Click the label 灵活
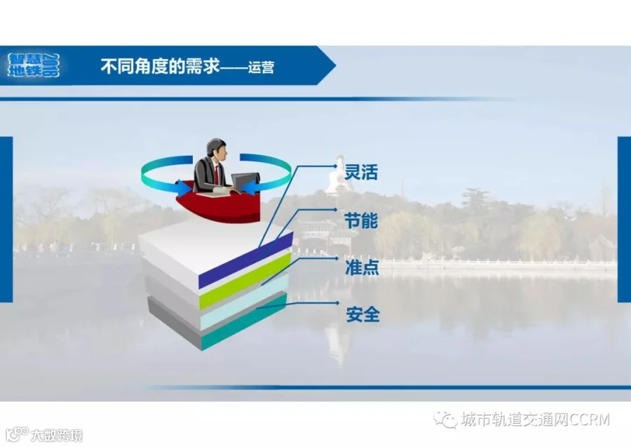pyautogui.click(x=361, y=172)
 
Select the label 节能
pyautogui.click(x=361, y=220)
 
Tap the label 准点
pyautogui.click(x=362, y=267)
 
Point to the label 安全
pyautogui.click(x=362, y=314)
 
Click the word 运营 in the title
pyautogui.click(x=262, y=67)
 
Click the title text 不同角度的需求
pyautogui.click(x=160, y=66)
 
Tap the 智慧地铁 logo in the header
pyautogui.click(x=34, y=65)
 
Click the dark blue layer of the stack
pyautogui.click(x=246, y=260)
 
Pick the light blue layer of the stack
pyautogui.click(x=244, y=301)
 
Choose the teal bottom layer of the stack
pyautogui.click(x=244, y=321)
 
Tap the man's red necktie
pyautogui.click(x=217, y=173)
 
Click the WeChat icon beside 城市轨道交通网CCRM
pyautogui.click(x=445, y=420)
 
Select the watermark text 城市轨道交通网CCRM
pyautogui.click(x=536, y=420)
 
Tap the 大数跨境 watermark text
pyautogui.click(x=56, y=435)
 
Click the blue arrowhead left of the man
pyautogui.click(x=184, y=187)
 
